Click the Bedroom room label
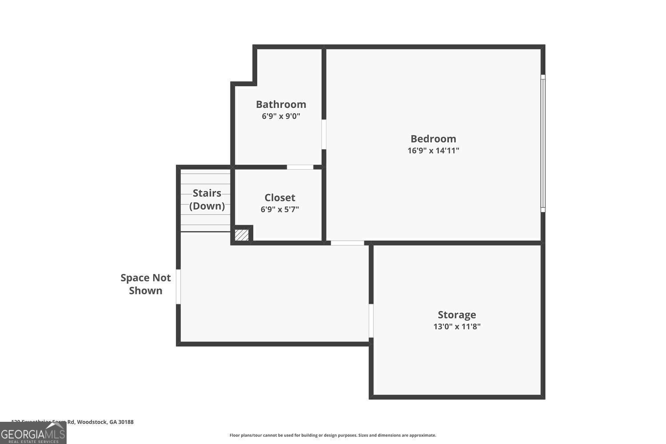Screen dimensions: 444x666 [433, 139]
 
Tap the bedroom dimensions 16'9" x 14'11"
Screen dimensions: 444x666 [433, 151]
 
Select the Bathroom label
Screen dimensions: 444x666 [281, 104]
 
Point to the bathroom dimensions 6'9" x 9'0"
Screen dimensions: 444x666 [281, 116]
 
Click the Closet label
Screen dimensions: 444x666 [280, 198]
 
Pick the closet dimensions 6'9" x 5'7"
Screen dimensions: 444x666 [280, 209]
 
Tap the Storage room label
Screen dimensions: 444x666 [457, 315]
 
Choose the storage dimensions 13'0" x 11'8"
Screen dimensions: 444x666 [457, 327]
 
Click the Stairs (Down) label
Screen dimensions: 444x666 [207, 199]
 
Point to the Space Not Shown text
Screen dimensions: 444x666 [146, 284]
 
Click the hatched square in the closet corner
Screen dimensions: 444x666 [242, 235]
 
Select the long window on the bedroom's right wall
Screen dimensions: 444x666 [543, 143]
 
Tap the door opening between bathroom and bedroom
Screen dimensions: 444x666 [324, 134]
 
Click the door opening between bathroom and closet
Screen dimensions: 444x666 [300, 167]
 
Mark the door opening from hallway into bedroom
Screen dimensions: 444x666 [347, 243]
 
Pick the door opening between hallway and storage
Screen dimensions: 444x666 [371, 321]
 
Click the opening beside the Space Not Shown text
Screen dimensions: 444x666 [178, 286]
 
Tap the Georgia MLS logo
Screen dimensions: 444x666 [33, 433]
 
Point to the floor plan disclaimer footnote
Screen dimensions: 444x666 [333, 435]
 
